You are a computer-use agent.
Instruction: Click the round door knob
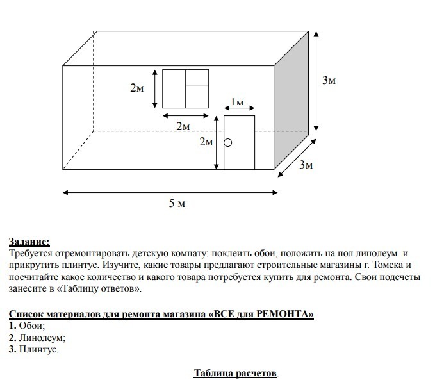[228, 143]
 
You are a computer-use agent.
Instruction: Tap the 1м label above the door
[237, 103]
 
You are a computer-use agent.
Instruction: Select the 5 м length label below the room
[177, 204]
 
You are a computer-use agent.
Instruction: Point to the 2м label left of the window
[137, 88]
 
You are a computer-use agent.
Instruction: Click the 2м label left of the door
[206, 142]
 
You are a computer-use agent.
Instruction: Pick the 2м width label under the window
[184, 126]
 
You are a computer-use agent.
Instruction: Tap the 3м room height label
[329, 80]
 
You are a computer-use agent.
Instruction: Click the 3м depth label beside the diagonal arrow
[306, 165]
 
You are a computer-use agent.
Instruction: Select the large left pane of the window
[174, 88]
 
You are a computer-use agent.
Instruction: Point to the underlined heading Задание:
[29, 242]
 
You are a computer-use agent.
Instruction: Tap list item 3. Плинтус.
[34, 349]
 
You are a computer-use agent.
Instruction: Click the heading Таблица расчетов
[236, 373]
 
